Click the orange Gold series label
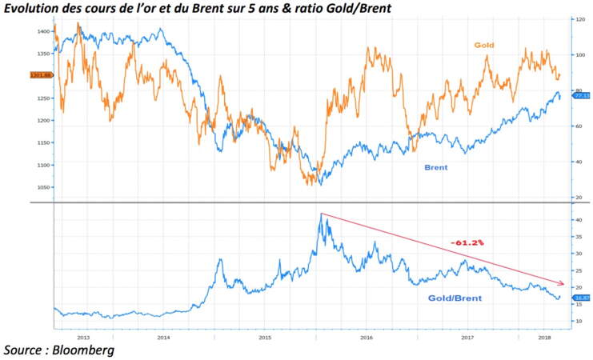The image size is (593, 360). pos(484,46)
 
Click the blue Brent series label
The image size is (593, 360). pos(435,167)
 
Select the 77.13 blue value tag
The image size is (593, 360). pos(582,95)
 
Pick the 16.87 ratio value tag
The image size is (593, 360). pos(582,298)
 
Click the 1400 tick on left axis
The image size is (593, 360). pos(44,31)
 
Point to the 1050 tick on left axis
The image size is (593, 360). pos(44,187)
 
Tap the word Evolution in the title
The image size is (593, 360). pos(34,7)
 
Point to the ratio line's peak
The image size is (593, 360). pos(321,214)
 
